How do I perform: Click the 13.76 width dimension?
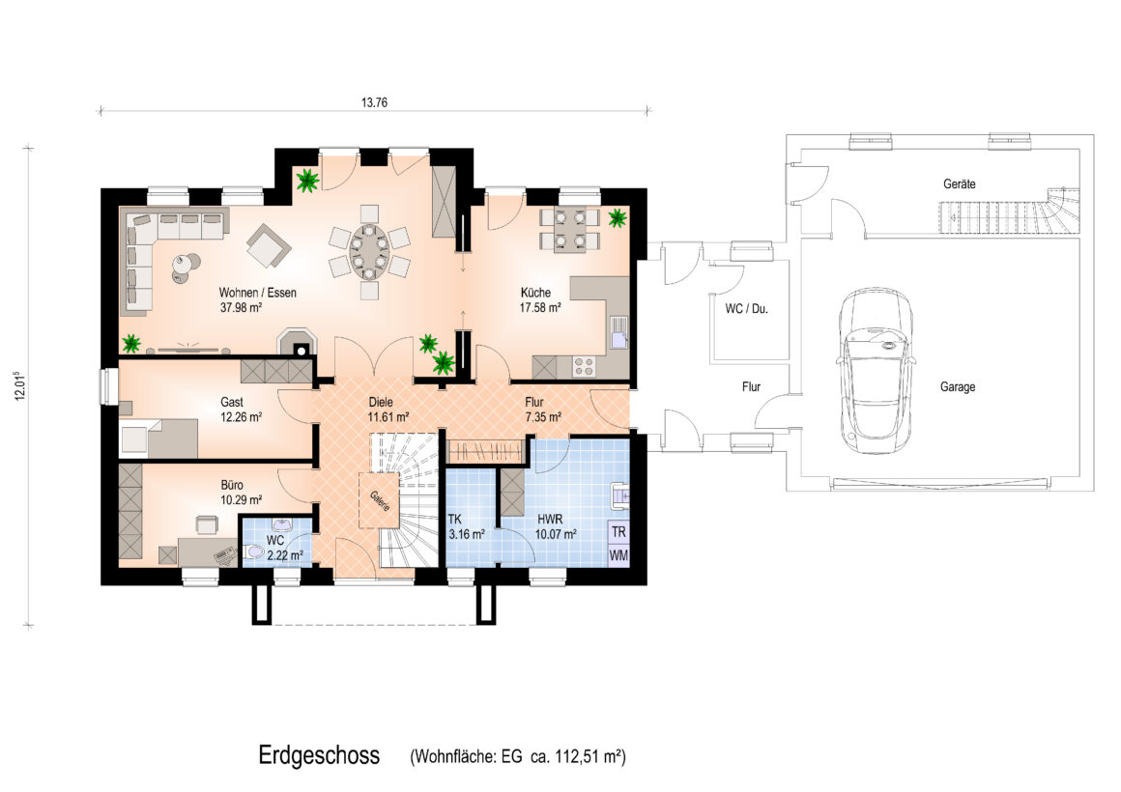click(374, 102)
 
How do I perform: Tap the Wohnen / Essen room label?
click(257, 293)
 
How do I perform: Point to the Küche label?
click(535, 293)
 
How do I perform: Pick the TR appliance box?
click(618, 532)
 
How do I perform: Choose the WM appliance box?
click(618, 555)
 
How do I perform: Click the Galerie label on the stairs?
click(380, 500)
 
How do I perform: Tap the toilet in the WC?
click(254, 552)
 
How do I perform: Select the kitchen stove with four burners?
click(584, 366)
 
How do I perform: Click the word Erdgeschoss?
click(319, 755)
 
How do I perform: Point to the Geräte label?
click(959, 184)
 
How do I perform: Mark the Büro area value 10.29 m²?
click(241, 500)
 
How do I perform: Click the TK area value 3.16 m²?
click(466, 534)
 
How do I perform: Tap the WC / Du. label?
click(746, 309)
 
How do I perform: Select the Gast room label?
click(232, 403)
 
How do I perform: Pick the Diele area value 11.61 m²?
click(388, 416)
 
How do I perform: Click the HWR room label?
click(550, 520)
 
